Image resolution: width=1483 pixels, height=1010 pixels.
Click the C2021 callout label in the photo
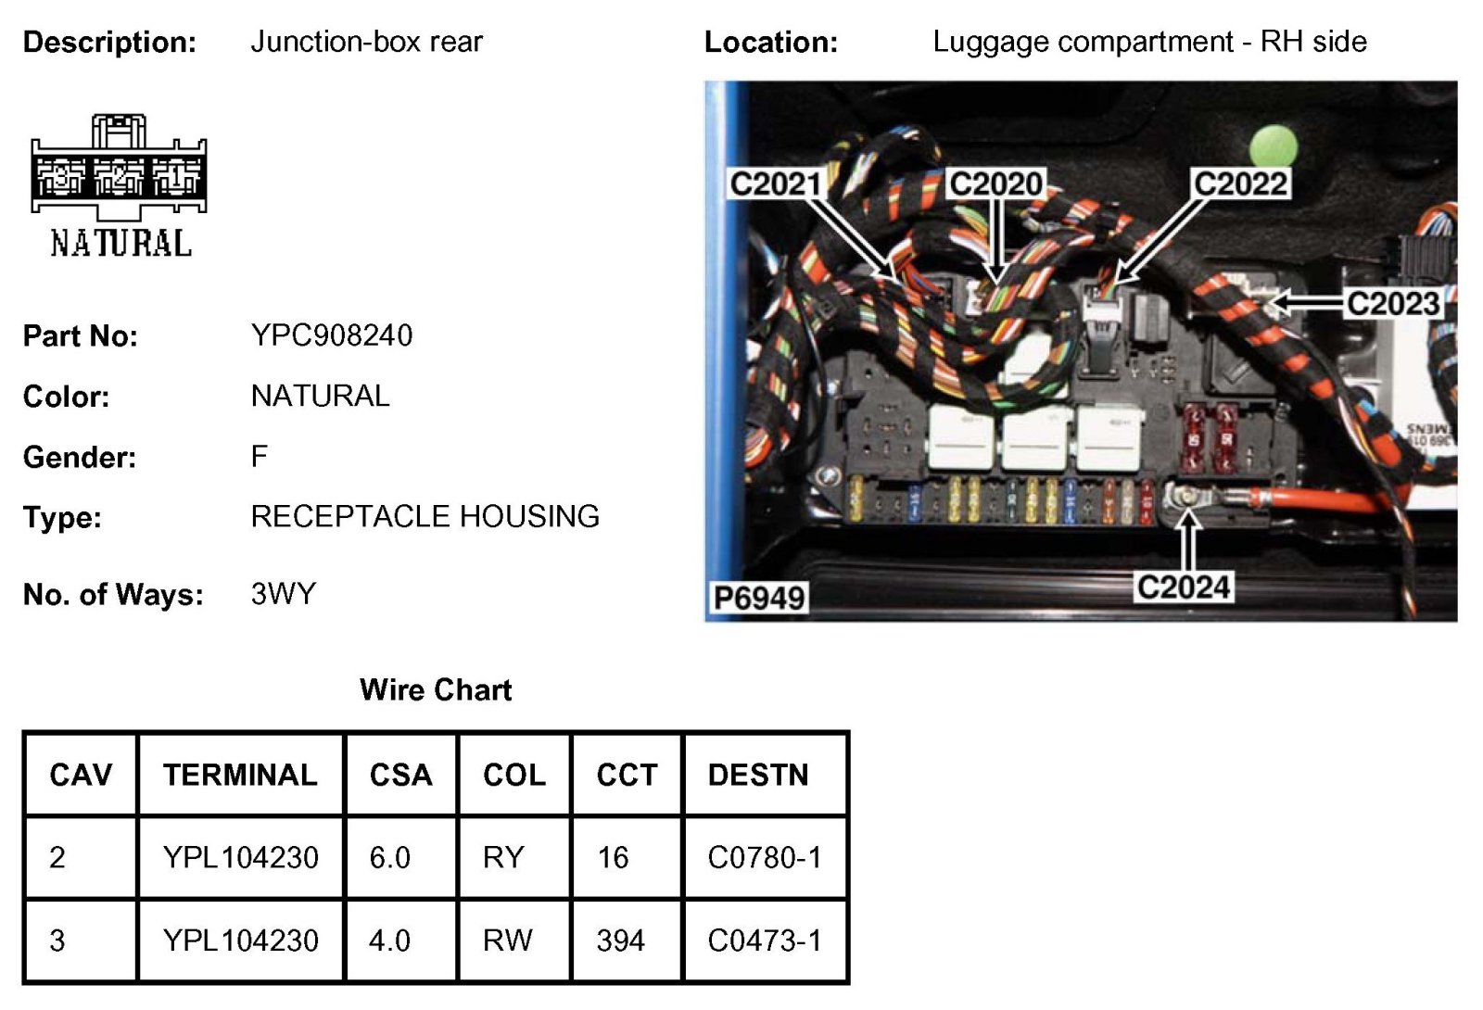[x=775, y=183]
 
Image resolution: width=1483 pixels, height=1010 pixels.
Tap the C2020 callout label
[x=995, y=183]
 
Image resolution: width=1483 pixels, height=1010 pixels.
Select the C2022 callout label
[x=1240, y=183]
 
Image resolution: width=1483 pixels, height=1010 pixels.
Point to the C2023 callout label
[x=1392, y=303]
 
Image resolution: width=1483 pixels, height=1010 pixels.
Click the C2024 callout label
[x=1184, y=587]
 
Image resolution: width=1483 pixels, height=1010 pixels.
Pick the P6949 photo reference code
[x=759, y=598]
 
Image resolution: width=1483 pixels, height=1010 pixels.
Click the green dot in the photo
[x=1273, y=147]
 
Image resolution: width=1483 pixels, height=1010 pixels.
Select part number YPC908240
[x=331, y=335]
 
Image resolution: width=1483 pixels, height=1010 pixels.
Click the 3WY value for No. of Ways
[x=283, y=593]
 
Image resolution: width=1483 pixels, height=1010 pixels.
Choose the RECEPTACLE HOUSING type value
[x=425, y=516]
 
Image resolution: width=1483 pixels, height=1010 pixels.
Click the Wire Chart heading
[x=436, y=689]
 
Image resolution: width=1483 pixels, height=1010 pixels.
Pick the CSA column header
[x=400, y=775]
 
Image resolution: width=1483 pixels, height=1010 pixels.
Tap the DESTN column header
[x=757, y=775]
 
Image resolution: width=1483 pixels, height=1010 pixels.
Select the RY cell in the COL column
[x=503, y=857]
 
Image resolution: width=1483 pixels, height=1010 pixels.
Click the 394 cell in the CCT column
[x=620, y=941]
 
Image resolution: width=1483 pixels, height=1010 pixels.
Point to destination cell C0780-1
[x=764, y=857]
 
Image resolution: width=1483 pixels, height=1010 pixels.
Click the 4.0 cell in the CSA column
[x=389, y=941]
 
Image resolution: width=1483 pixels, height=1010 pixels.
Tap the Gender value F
[x=259, y=456]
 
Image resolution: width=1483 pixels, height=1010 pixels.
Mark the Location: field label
[x=770, y=42]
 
